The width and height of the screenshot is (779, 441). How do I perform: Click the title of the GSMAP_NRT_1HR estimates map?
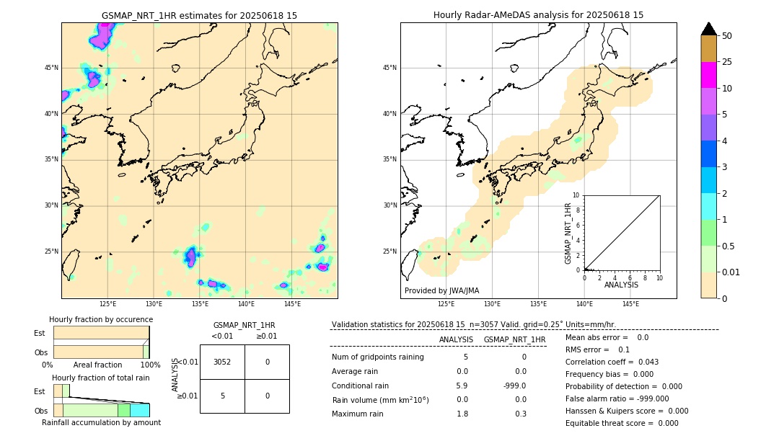pyautogui.click(x=199, y=15)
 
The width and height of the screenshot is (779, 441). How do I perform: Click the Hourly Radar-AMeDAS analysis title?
pyautogui.click(x=538, y=15)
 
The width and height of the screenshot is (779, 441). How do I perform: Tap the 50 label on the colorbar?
pyautogui.click(x=727, y=35)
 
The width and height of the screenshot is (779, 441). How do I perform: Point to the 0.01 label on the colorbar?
pyautogui.click(x=731, y=272)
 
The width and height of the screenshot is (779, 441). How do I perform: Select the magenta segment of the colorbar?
pyautogui.click(x=708, y=75)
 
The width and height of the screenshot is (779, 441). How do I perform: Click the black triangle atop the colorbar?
pyautogui.click(x=708, y=29)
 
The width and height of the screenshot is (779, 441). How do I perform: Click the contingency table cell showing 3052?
pyautogui.click(x=222, y=362)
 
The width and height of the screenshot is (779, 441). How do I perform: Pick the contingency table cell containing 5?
pyautogui.click(x=222, y=396)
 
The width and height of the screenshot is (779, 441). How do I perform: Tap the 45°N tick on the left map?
pyautogui.click(x=51, y=68)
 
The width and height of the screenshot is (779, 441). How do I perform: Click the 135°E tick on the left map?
pyautogui.click(x=200, y=304)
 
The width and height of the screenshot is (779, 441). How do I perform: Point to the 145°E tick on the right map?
pyautogui.click(x=630, y=304)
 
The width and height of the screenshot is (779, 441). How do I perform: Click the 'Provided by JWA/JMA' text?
pyautogui.click(x=441, y=290)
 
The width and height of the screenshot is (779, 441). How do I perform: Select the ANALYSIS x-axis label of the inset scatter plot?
pyautogui.click(x=621, y=285)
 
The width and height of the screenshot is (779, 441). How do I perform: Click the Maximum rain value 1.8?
pyautogui.click(x=462, y=414)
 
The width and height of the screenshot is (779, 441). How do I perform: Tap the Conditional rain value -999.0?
pyautogui.click(x=514, y=386)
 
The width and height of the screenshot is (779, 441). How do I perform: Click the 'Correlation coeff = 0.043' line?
pyautogui.click(x=612, y=362)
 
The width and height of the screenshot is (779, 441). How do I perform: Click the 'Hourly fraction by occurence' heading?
pyautogui.click(x=101, y=319)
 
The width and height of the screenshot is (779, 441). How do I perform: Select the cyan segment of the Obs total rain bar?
pyautogui.click(x=139, y=410)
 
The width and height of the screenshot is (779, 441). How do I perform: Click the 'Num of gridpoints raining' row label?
pyautogui.click(x=377, y=357)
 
